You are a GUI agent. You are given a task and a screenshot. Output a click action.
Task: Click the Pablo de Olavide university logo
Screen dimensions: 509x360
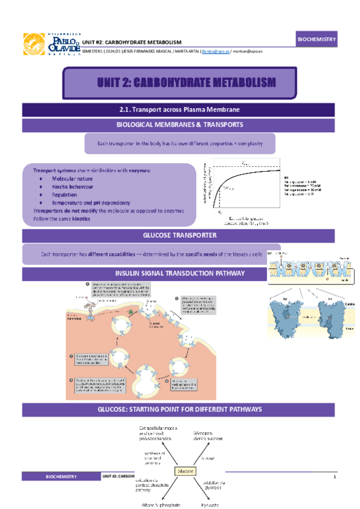pos(50,44)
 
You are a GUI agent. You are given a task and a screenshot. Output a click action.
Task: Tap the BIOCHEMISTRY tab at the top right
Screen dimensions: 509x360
pos(317,39)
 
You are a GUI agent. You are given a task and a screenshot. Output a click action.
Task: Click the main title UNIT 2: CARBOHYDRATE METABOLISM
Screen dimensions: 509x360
pos(187,82)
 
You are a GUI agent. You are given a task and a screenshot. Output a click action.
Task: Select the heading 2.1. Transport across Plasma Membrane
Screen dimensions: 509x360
pos(180,110)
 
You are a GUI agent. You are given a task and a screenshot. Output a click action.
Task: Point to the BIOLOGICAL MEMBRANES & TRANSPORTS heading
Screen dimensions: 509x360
pos(180,125)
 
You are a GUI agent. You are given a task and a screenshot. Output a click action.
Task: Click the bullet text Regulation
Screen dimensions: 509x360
pos(65,194)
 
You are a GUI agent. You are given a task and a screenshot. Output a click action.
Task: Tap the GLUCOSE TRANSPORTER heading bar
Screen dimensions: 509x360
pos(180,235)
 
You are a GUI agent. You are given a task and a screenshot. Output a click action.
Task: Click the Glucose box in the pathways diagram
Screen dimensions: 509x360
pos(185,471)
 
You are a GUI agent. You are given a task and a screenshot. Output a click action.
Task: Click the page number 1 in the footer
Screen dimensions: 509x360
pos(334,476)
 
